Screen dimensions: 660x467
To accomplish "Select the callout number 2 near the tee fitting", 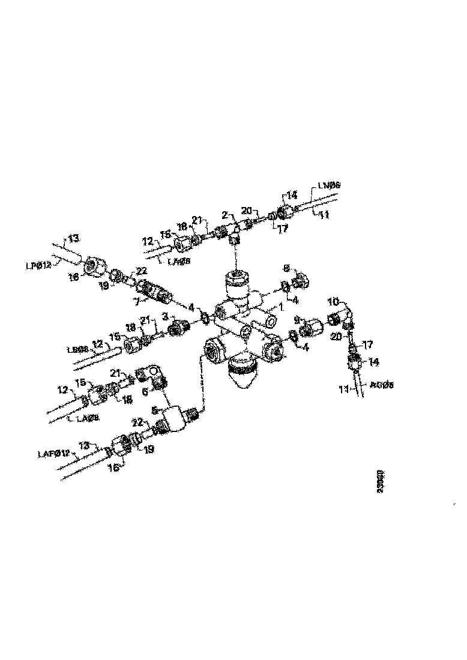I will click(224, 214).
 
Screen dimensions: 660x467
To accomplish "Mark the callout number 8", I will click(286, 269).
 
